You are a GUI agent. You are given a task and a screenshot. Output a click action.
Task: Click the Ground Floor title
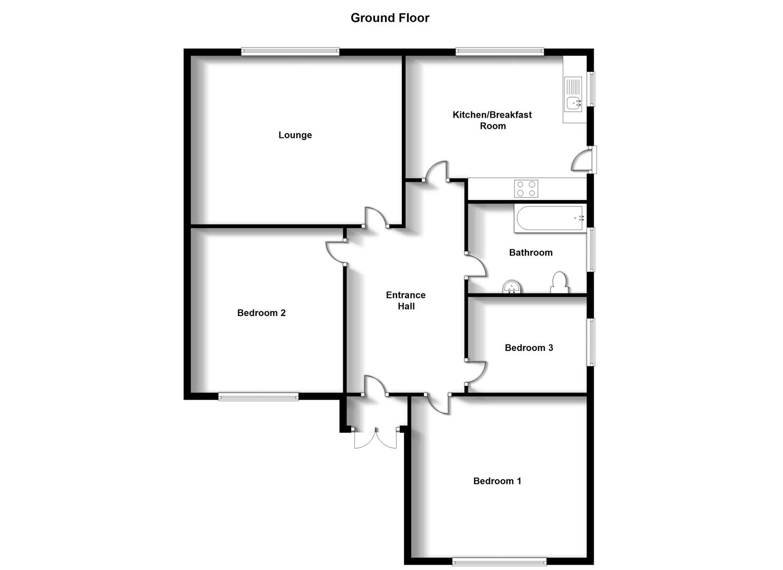390,18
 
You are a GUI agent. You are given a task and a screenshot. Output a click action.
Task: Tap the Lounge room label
295,135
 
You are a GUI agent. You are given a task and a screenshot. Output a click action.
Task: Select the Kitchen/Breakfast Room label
492,120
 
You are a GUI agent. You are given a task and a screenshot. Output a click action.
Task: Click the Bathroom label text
530,253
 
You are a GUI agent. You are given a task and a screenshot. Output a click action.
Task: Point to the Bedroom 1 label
497,481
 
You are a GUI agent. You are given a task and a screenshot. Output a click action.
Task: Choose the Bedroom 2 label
261,313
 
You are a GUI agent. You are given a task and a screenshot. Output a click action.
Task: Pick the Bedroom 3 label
528,348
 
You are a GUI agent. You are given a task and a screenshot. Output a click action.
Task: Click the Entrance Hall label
405,301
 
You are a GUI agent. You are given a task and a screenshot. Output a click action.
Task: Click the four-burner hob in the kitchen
526,188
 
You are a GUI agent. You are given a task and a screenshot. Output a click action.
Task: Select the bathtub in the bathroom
550,219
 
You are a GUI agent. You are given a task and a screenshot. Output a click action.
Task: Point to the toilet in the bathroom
559,282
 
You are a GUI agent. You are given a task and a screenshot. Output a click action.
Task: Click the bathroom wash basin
512,287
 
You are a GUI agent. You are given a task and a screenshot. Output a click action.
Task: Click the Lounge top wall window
290,52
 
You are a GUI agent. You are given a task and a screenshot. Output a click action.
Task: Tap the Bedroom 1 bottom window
499,560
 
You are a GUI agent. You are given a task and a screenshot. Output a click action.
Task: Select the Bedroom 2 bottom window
258,396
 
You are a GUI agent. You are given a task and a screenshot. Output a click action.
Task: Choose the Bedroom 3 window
591,342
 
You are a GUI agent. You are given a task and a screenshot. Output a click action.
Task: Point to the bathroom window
591,249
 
